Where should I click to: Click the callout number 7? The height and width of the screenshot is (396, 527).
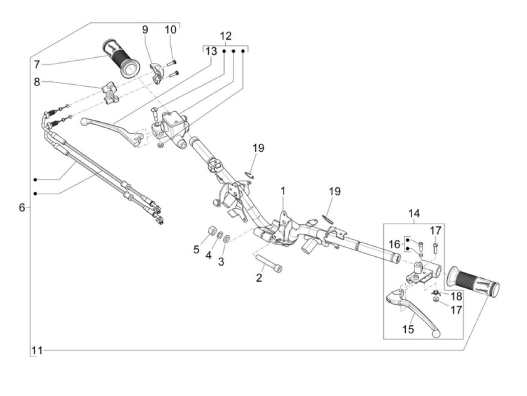37,64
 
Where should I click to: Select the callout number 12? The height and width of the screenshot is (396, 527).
225,37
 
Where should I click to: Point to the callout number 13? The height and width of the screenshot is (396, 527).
211,51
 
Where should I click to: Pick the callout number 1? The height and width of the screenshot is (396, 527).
283,191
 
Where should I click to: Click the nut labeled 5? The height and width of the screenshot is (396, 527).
212,230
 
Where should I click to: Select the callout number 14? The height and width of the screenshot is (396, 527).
414,214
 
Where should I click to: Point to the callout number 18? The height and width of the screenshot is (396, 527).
456,296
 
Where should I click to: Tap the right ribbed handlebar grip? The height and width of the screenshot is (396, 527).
473,283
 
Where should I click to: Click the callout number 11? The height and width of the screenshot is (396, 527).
37,351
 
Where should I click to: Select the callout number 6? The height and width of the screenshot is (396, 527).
22,207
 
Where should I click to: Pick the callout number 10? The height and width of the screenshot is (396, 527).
171,29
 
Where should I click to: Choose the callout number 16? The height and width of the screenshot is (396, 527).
394,245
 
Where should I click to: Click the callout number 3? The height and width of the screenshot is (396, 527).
221,261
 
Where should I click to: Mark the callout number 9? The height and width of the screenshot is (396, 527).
145,30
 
